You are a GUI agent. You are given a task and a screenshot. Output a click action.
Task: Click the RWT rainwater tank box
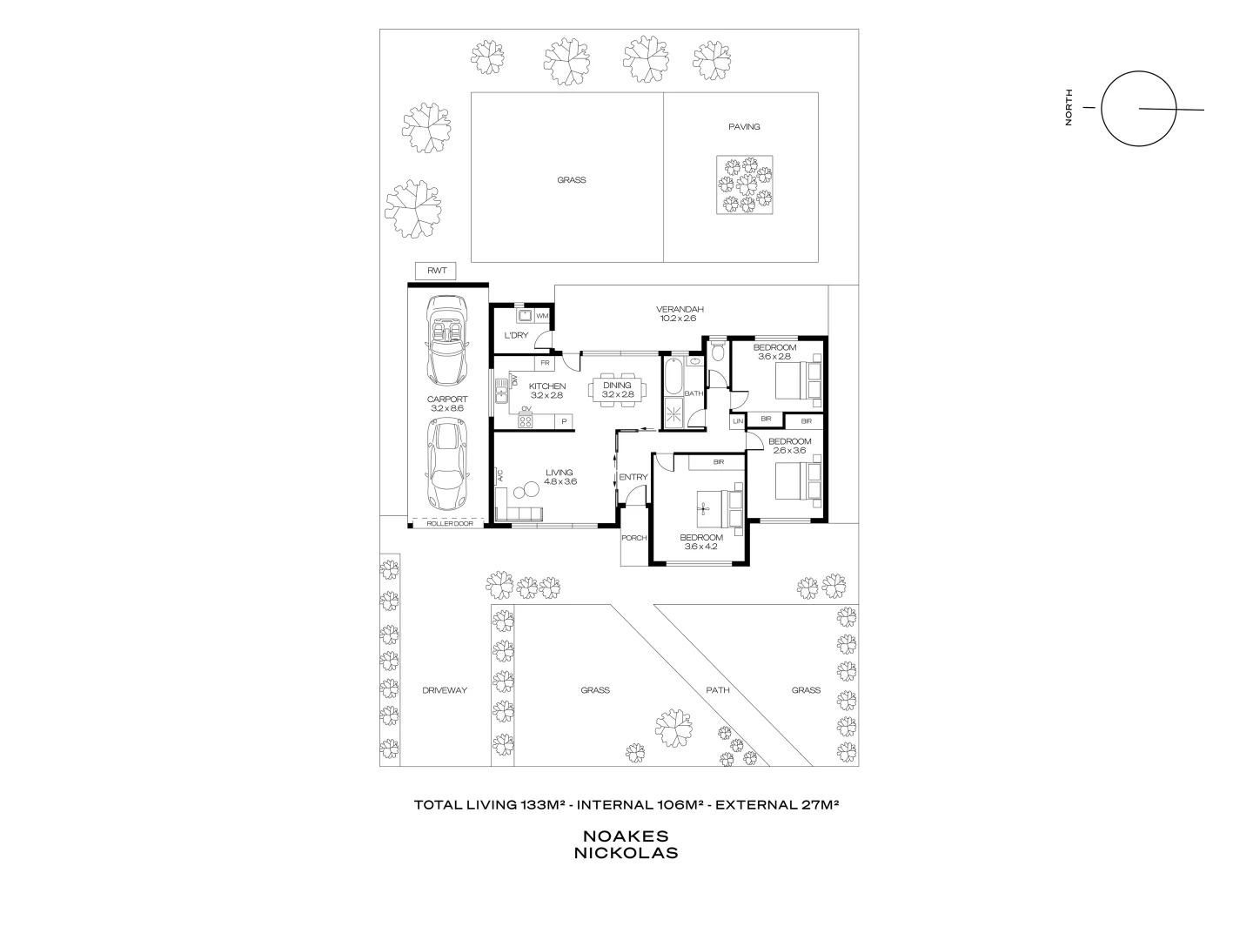[x=437, y=271]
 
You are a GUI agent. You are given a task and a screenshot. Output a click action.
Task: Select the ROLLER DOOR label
[x=450, y=523]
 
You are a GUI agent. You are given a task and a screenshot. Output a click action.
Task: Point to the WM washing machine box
[x=541, y=315]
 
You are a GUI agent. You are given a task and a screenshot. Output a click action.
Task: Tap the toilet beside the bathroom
[x=717, y=351]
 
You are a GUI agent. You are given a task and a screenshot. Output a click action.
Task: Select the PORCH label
[x=634, y=538]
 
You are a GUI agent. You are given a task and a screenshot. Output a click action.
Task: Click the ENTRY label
[x=633, y=477]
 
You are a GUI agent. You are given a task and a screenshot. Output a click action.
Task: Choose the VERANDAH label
[x=679, y=309]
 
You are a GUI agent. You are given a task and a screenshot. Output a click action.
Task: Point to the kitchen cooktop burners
[x=526, y=421]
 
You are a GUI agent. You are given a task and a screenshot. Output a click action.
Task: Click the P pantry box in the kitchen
[x=564, y=422]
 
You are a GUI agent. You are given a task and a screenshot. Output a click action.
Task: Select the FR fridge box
[x=545, y=362]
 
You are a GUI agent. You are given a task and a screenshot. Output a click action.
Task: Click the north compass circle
[x=1138, y=110]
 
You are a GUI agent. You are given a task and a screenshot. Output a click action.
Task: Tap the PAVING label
[x=744, y=127]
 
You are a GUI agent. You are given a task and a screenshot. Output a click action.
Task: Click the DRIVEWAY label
[x=445, y=690]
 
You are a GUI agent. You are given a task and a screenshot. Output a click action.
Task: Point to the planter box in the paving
[x=744, y=185]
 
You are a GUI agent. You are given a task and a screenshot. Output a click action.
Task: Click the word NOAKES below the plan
[x=626, y=835]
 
